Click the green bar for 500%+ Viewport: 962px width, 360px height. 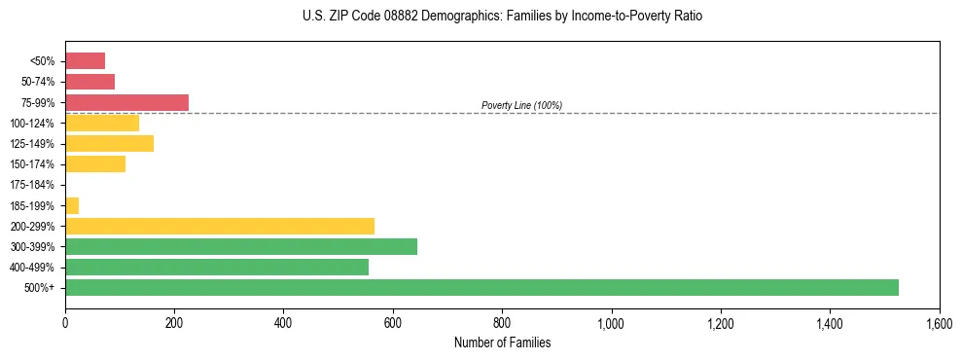tap(481, 287)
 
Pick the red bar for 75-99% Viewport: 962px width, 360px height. tap(126, 102)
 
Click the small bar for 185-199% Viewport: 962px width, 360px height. tap(72, 205)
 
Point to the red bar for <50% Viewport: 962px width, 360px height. tap(85, 61)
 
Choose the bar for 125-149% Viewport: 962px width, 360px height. tap(109, 144)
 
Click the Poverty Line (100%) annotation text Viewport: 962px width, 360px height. tap(521, 105)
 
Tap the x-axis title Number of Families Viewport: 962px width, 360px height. tap(502, 342)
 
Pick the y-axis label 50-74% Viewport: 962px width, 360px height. tap(39, 82)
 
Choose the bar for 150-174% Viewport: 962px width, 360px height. tap(95, 164)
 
